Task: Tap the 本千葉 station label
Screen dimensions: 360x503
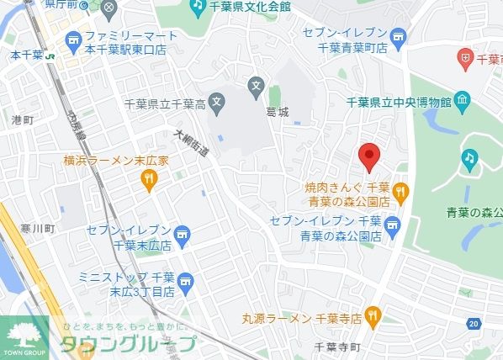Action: point(21,55)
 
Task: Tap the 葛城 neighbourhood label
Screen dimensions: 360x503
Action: point(277,111)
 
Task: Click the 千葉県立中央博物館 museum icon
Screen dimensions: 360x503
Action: point(462,102)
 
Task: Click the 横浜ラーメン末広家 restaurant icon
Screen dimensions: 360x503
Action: point(149,177)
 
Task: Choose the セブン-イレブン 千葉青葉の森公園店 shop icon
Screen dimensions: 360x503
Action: point(392,225)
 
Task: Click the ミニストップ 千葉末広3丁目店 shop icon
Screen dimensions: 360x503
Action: point(189,284)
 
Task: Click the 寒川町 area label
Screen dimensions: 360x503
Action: point(40,229)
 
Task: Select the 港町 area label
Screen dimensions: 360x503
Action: point(22,121)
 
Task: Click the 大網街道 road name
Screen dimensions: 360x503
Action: point(192,146)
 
